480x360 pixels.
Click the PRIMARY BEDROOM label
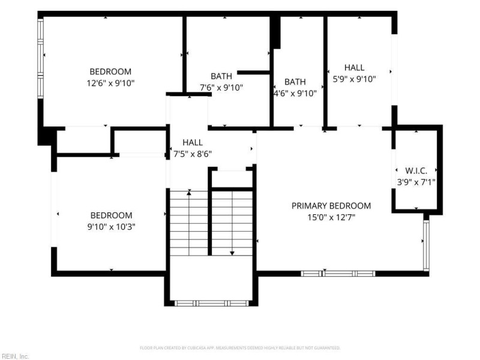pos(331,206)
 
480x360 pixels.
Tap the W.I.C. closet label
pos(416,170)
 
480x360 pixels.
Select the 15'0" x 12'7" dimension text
pos(331,217)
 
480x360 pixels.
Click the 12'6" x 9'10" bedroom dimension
pos(110,83)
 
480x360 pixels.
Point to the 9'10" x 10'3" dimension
pos(111,227)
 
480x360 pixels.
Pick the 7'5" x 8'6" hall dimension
pos(193,154)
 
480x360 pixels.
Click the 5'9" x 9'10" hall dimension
pos(354,79)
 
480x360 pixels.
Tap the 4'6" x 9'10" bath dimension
pos(295,94)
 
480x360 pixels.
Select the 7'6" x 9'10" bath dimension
pos(221,88)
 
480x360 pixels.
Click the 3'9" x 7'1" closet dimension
pos(416,182)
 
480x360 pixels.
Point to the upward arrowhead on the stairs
pos(189,192)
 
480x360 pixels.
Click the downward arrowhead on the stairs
pos(232,253)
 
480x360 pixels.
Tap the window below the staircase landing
pos(211,304)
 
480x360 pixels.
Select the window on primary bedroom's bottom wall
pos(338,274)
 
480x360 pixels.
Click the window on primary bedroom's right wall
pos(426,245)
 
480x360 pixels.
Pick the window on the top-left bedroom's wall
pos(40,58)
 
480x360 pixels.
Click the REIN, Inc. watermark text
pos(14,356)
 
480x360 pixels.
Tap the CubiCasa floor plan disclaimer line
pos(239,348)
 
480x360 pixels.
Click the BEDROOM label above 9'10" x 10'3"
pos(112,215)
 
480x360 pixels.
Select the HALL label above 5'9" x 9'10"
pos(354,67)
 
